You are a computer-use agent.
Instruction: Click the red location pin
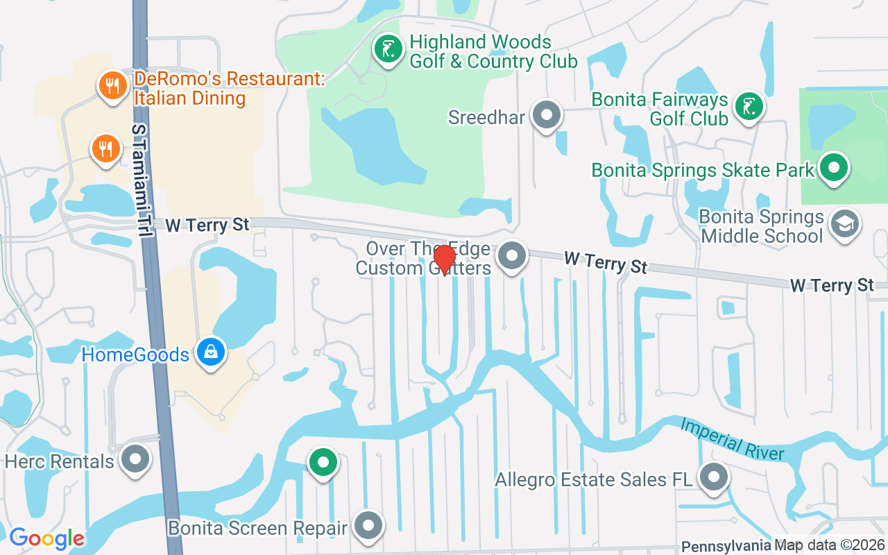pos(444,259)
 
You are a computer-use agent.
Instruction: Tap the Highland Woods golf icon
pos(388,49)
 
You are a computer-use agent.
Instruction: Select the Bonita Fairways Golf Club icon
pos(749,107)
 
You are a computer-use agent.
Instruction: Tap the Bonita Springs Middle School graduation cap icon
pos(845,223)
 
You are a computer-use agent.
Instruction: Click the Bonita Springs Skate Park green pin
pos(834,168)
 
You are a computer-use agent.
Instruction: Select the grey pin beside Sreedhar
pos(546,114)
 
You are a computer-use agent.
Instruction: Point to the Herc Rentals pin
pos(135,459)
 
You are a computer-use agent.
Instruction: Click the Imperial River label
pos(732,439)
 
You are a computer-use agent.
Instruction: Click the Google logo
pos(46,538)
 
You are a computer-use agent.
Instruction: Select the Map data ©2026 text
pos(830,546)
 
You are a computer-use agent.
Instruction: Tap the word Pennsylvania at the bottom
pos(726,546)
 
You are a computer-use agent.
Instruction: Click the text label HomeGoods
pos(135,355)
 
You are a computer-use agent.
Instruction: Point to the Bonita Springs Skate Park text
pos(703,170)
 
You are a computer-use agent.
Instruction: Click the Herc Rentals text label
pos(59,461)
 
